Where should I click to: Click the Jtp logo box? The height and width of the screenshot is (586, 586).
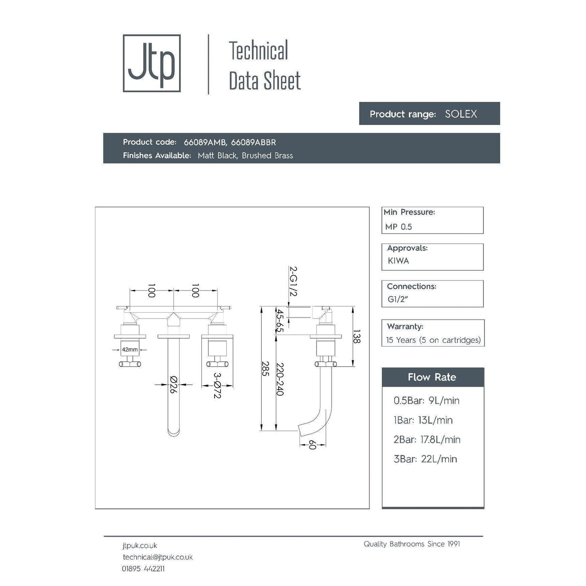(x=152, y=63)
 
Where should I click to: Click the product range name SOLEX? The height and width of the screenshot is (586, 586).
(x=460, y=114)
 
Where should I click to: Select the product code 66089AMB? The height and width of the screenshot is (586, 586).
(x=205, y=142)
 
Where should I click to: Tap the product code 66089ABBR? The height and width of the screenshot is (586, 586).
(x=253, y=142)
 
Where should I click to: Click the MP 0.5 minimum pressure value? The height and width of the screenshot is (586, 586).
(x=399, y=227)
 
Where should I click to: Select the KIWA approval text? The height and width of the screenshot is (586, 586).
(x=398, y=261)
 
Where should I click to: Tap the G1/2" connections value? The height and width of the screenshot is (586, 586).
(x=398, y=299)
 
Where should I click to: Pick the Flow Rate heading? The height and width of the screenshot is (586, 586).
(x=432, y=377)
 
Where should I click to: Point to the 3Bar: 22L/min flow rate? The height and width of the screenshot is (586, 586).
(x=425, y=459)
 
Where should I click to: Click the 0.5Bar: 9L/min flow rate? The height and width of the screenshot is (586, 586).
(x=426, y=401)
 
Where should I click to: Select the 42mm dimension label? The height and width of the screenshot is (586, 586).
(x=129, y=349)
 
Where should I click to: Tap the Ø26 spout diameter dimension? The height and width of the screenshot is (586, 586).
(x=173, y=385)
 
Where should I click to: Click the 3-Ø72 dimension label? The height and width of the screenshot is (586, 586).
(x=217, y=385)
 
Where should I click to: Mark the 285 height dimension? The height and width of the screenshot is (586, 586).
(x=265, y=369)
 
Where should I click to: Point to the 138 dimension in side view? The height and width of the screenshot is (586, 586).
(x=357, y=336)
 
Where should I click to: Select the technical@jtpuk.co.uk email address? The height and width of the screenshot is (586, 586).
(x=157, y=557)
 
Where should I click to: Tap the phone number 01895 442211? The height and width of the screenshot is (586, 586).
(x=143, y=569)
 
